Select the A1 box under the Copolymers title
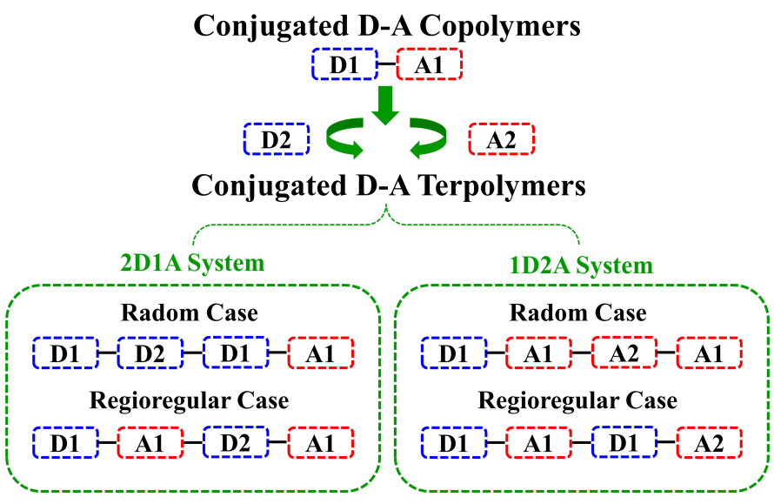point(430,65)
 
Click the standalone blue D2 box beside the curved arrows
point(277,139)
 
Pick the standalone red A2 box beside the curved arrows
point(502,139)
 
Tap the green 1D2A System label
point(582,265)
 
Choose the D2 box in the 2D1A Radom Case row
point(150,353)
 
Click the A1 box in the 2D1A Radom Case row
point(320,353)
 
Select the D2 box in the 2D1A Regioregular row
point(235,442)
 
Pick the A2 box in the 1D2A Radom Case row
point(624,353)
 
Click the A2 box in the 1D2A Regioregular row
point(710,442)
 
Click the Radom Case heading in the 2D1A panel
point(190,313)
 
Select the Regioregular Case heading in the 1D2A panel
point(578,401)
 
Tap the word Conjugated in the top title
point(256,25)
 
